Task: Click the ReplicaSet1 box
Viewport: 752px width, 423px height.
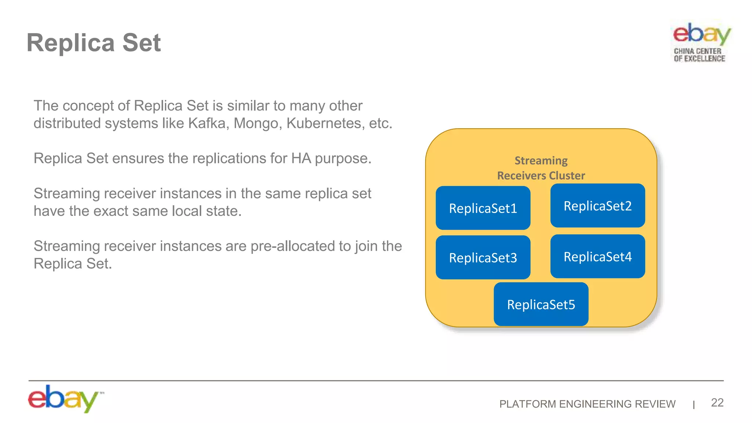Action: point(483,208)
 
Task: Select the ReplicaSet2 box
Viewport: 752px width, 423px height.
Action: point(597,206)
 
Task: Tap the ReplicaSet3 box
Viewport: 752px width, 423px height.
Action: point(483,258)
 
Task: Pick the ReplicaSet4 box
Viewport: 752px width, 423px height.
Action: point(597,256)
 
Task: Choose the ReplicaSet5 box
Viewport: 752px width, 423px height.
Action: point(541,304)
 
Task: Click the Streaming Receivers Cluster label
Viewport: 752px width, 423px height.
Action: point(541,168)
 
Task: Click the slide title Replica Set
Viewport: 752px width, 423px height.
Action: point(94,43)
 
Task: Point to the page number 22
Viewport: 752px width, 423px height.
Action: point(717,403)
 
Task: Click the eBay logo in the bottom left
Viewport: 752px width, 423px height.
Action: point(64,398)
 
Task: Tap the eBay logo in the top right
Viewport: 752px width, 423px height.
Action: point(701,34)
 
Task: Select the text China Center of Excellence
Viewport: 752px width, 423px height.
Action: point(699,55)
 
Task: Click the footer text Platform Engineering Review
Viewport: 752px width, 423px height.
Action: point(587,404)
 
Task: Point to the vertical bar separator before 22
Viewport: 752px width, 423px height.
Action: point(694,405)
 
